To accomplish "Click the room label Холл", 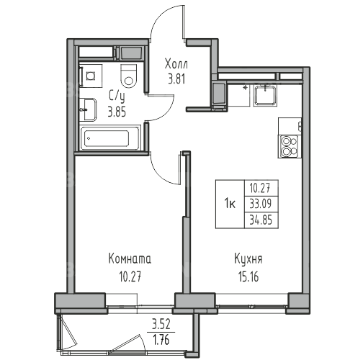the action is pyautogui.click(x=176, y=64).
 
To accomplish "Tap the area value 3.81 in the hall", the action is pyautogui.click(x=176, y=79).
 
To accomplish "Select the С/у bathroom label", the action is pyautogui.click(x=117, y=98).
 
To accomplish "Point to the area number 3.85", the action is pyautogui.click(x=117, y=112).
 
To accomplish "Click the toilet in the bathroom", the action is pyautogui.click(x=129, y=76).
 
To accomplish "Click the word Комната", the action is pyautogui.click(x=130, y=259).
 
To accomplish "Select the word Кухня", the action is pyautogui.click(x=248, y=259).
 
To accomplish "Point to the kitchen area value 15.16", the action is pyautogui.click(x=248, y=277).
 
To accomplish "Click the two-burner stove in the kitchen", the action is pyautogui.click(x=289, y=146).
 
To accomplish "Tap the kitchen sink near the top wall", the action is pyautogui.click(x=265, y=96).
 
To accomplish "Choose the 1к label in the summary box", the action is pyautogui.click(x=230, y=204).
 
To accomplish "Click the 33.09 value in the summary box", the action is pyautogui.click(x=261, y=204).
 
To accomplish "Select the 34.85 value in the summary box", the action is pyautogui.click(x=261, y=220).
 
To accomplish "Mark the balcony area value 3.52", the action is pyautogui.click(x=161, y=324).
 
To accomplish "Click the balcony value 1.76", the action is pyautogui.click(x=161, y=340).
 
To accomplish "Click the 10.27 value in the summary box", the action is pyautogui.click(x=261, y=188).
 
